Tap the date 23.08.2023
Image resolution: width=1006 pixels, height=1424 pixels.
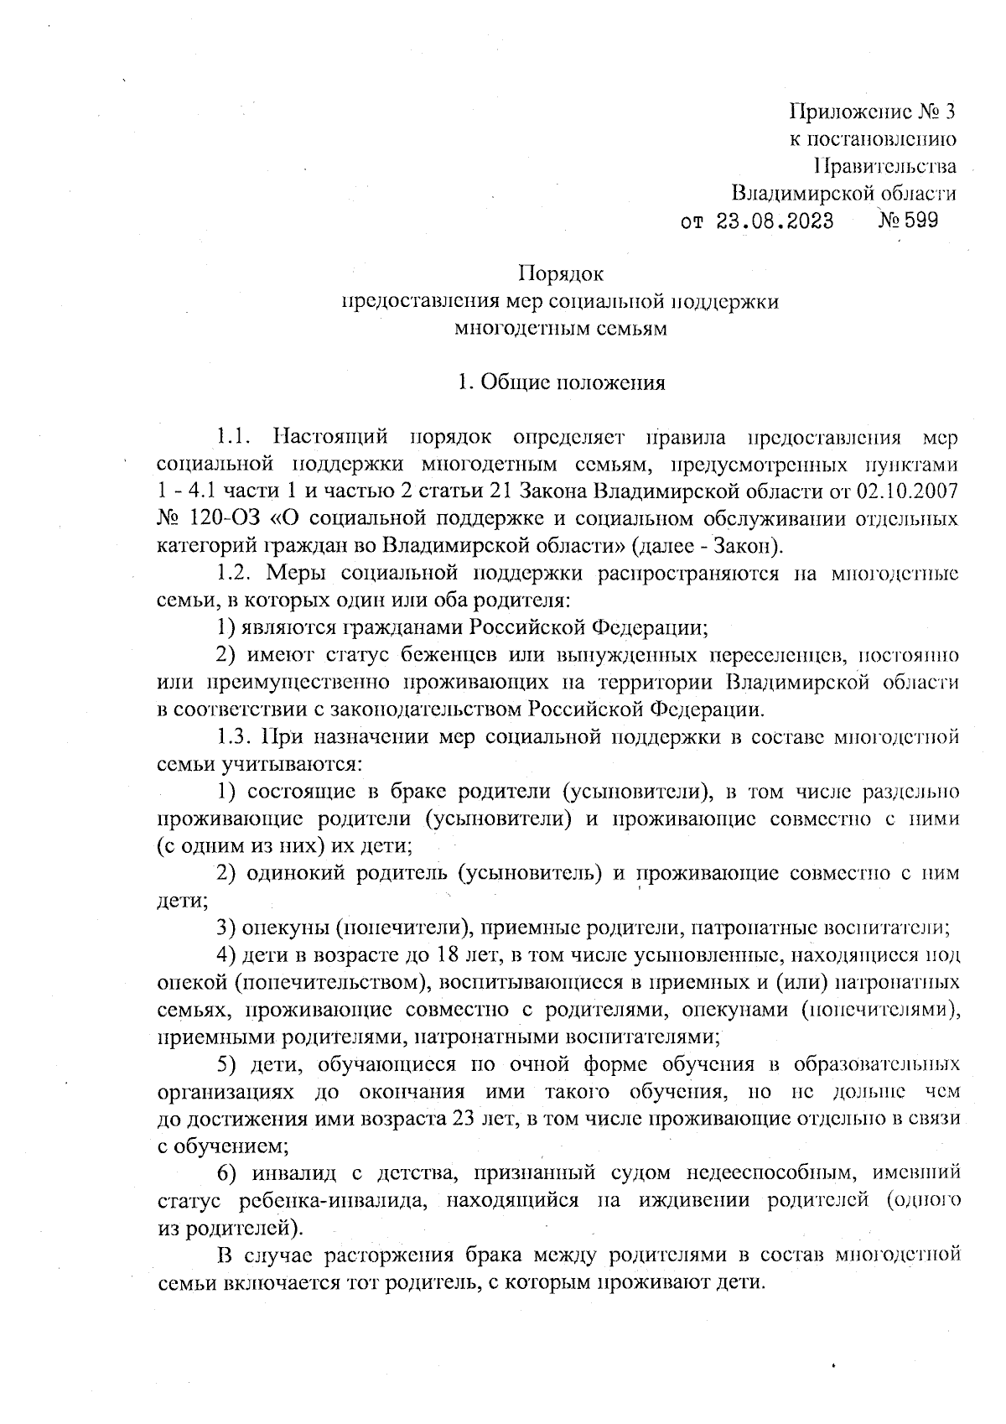[x=775, y=221]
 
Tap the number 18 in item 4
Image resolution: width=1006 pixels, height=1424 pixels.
[x=443, y=955]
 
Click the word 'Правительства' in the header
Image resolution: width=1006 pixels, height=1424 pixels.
[x=885, y=166]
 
